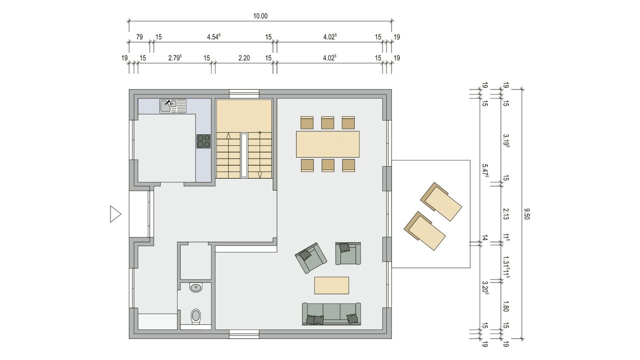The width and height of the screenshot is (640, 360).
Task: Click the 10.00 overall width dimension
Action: pyautogui.click(x=260, y=16)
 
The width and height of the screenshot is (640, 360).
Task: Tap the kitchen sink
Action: pyautogui.click(x=173, y=106)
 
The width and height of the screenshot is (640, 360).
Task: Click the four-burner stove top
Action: pyautogui.click(x=203, y=141)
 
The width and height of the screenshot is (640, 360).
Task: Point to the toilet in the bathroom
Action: pyautogui.click(x=196, y=316)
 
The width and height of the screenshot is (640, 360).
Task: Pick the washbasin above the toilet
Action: pyautogui.click(x=195, y=287)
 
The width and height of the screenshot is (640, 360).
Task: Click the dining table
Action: pyautogui.click(x=327, y=144)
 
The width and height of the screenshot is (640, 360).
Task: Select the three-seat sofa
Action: pyautogui.click(x=331, y=314)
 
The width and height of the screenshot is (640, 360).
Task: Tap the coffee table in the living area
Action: pyautogui.click(x=331, y=285)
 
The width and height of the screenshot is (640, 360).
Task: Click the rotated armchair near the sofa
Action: pyautogui.click(x=311, y=258)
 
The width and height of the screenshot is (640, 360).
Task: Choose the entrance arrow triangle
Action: pyautogui.click(x=115, y=214)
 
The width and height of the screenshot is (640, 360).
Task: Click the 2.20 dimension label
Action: pyautogui.click(x=244, y=58)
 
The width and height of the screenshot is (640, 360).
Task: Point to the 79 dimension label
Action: pyautogui.click(x=139, y=37)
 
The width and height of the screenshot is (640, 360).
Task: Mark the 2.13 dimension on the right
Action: pyautogui.click(x=506, y=213)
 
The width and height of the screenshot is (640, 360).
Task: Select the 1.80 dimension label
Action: pyautogui.click(x=505, y=306)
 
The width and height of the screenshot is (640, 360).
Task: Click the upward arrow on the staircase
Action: pyautogui.click(x=228, y=135)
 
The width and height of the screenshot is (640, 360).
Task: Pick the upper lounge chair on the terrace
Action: pyautogui.click(x=441, y=201)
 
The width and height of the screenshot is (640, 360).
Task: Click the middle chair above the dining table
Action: pyautogui.click(x=327, y=122)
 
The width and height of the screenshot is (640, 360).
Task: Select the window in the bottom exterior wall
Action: pyautogui.click(x=244, y=334)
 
